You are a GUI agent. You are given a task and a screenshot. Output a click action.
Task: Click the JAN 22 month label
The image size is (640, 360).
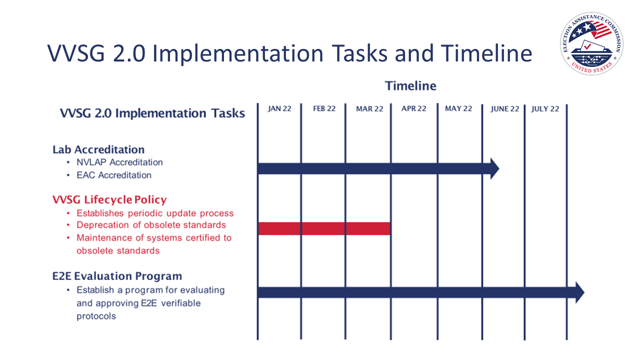pos(279,108)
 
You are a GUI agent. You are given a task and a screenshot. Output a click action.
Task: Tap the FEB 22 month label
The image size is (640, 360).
pos(324,108)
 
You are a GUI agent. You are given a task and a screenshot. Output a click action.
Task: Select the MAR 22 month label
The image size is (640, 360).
pos(369,108)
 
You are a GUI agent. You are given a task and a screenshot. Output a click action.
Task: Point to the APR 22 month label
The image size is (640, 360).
pos(413,108)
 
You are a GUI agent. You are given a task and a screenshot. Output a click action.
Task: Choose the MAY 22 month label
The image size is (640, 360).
pos(458,108)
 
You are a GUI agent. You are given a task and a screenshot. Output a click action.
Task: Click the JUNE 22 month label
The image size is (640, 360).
pos(504,108)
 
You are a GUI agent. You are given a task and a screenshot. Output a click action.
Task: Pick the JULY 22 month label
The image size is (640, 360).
pos(545,108)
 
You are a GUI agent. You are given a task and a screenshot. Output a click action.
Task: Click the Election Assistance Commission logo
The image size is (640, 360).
pos(591,43)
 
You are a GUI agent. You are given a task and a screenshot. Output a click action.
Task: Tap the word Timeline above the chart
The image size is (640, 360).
pos(410,86)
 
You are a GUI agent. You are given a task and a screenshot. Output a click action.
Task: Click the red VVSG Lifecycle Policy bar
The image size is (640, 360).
pos(324,228)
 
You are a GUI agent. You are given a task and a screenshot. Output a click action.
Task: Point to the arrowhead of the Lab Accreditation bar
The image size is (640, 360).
pos(494,168)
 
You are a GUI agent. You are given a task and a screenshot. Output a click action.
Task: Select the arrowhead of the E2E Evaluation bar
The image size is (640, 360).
pos(579,292)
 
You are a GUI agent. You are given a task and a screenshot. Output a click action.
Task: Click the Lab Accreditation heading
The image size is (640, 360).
pos(98,149)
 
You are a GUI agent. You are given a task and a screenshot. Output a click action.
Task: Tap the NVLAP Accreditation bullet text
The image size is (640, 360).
pos(119,162)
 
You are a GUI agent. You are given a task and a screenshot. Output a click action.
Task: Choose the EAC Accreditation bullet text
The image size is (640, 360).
pos(113,175)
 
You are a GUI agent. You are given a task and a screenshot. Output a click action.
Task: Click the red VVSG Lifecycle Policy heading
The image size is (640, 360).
pos(109,199)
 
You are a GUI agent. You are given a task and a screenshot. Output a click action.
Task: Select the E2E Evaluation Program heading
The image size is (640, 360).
pos(117,276)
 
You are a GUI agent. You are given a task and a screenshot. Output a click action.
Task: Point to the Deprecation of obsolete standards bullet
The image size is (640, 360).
pos(151,225)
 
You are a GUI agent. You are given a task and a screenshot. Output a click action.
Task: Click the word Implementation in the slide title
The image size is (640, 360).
pos(238,53)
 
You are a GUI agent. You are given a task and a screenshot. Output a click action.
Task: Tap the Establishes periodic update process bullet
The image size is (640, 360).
pos(155,213)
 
